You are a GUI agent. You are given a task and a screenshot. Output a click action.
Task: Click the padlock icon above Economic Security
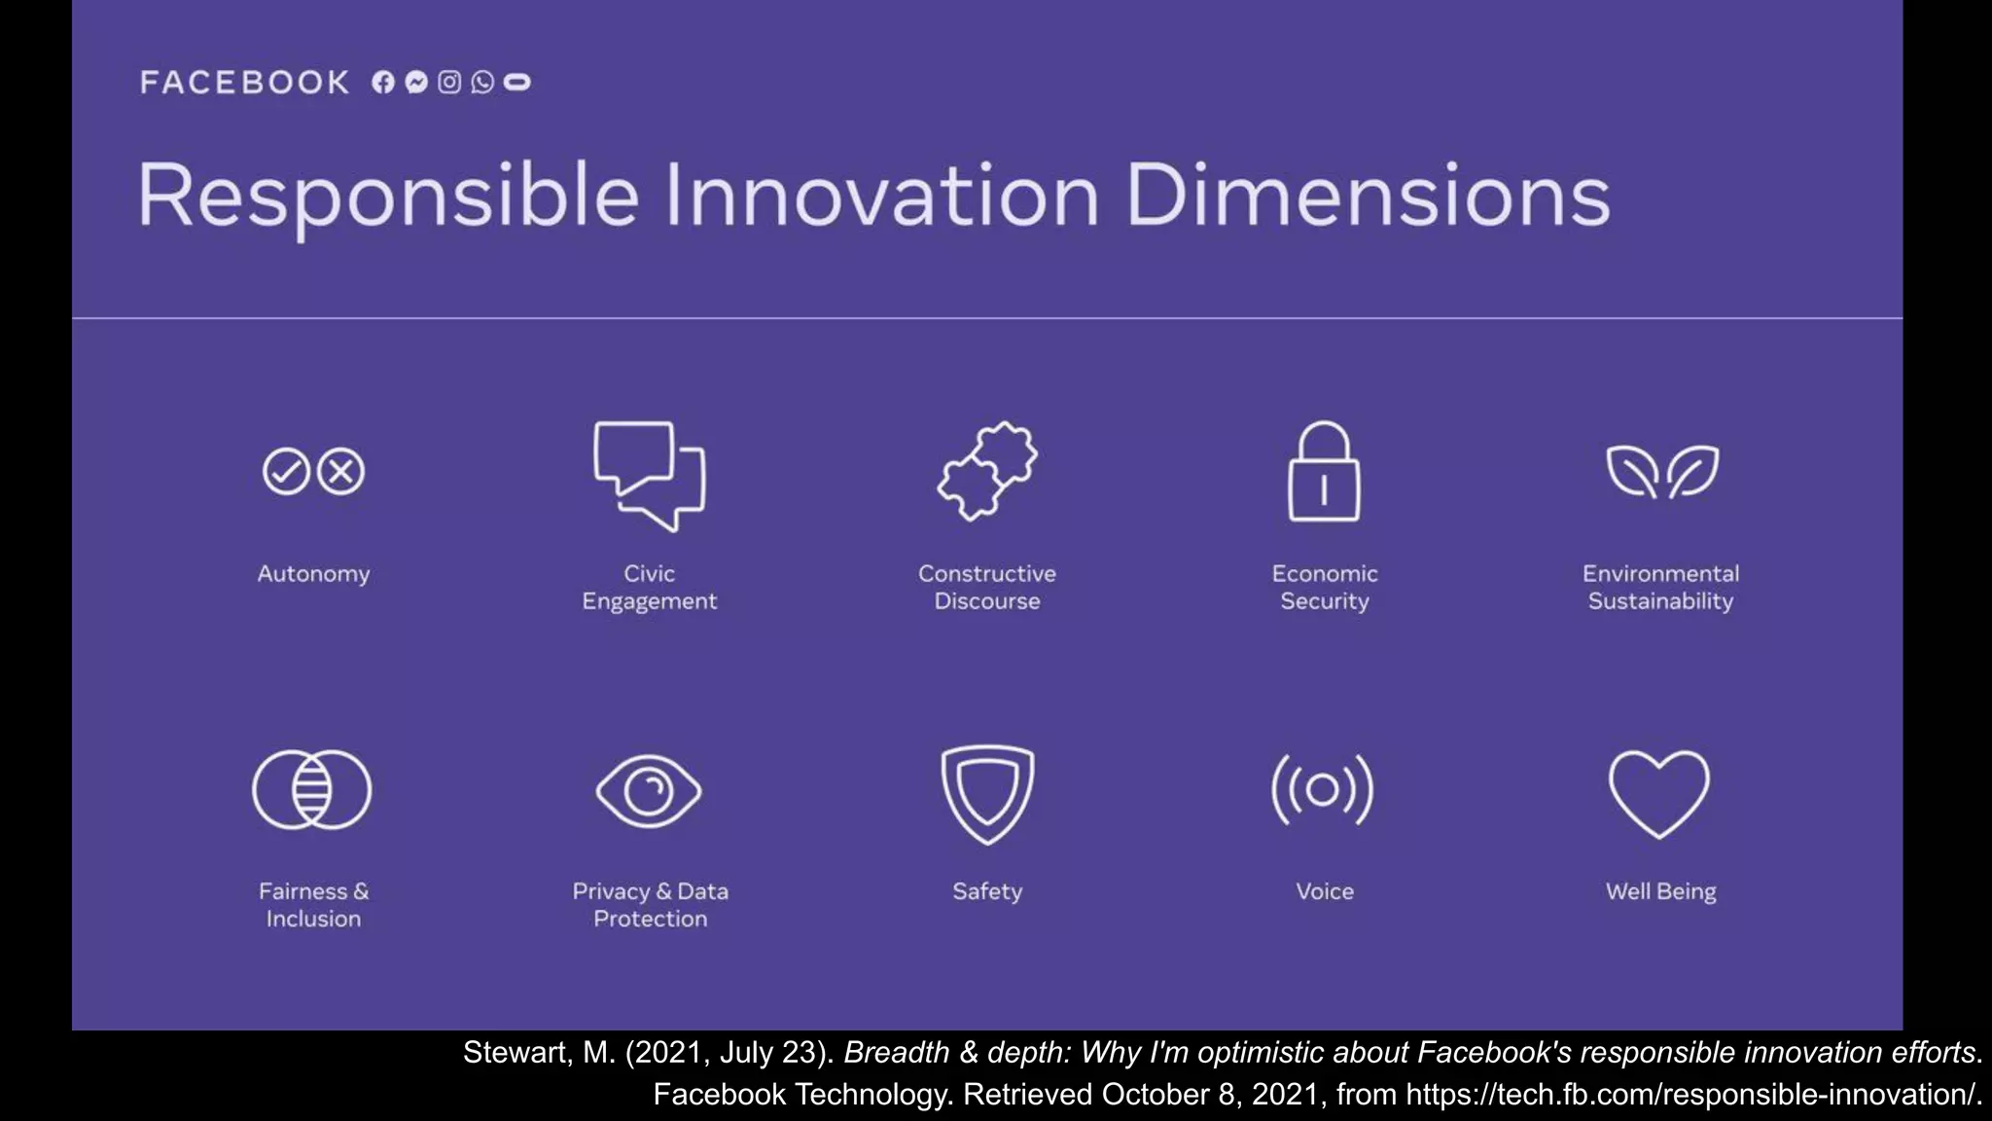[1324, 473]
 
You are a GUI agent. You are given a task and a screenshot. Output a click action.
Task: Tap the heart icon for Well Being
[1659, 792]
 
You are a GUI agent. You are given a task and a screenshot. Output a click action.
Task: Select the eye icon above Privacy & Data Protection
[649, 790]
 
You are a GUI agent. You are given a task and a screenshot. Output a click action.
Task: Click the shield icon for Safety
[987, 792]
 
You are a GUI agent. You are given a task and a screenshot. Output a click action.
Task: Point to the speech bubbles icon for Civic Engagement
[650, 475]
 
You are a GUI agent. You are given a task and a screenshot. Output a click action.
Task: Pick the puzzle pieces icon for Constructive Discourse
[987, 472]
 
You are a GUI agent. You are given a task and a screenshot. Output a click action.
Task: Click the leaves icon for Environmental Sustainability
[1661, 472]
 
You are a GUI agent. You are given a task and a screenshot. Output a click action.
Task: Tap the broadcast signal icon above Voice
[1323, 789]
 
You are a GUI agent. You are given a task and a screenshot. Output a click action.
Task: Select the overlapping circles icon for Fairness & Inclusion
[312, 789]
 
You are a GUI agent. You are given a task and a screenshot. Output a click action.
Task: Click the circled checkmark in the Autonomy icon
[286, 472]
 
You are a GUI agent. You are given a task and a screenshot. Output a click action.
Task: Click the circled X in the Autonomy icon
[341, 472]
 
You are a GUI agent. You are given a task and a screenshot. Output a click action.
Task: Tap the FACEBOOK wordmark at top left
[245, 83]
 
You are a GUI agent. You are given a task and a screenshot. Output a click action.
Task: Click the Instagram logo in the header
[449, 83]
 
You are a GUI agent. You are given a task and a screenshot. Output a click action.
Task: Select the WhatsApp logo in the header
[482, 83]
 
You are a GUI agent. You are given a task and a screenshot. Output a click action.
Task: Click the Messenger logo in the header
[416, 83]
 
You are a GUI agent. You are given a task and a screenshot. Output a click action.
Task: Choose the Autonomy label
[313, 574]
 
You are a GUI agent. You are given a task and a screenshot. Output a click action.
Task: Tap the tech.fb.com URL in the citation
[1692, 1095]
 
